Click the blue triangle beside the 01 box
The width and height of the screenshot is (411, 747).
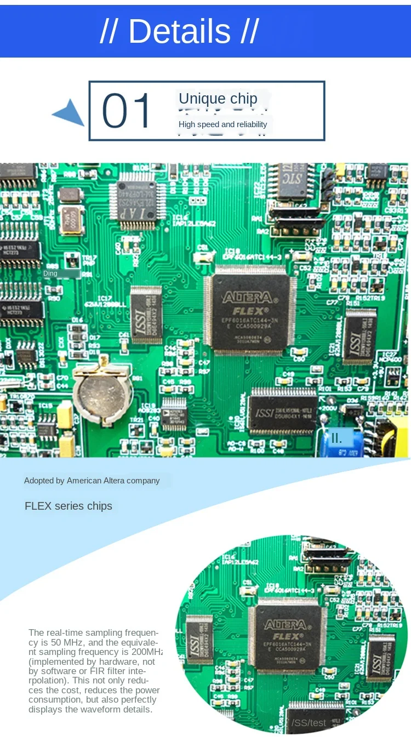(70, 113)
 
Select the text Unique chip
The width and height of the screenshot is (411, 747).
(218, 99)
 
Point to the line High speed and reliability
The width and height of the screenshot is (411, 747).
(222, 124)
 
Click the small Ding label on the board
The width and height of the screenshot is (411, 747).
(50, 273)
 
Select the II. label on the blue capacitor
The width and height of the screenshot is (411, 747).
(336, 438)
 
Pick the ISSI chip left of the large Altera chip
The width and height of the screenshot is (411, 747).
(146, 314)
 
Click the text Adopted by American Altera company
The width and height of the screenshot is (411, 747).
(92, 481)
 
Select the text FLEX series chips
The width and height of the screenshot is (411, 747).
(68, 506)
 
